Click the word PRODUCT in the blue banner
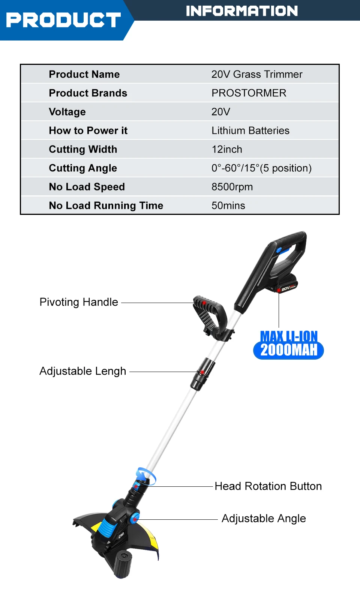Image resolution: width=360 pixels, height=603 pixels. (63, 20)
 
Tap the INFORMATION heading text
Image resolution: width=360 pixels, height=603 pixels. (242, 11)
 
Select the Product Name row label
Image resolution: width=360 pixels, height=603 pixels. (84, 74)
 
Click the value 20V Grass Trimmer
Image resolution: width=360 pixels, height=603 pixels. (257, 74)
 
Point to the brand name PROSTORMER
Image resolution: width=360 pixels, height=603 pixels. (249, 93)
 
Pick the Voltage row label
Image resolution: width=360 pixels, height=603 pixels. (67, 112)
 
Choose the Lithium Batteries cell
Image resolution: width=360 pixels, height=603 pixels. (250, 130)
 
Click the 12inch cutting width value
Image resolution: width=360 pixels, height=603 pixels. (227, 149)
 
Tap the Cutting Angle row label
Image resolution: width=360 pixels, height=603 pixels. (83, 168)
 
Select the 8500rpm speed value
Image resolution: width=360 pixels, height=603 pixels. (232, 187)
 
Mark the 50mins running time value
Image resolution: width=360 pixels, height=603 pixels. (228, 205)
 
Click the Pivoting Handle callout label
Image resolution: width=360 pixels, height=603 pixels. (79, 302)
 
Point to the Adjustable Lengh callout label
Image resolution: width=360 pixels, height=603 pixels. (83, 371)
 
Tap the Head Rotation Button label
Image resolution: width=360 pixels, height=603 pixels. (268, 486)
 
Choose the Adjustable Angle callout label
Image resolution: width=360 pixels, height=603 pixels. (264, 518)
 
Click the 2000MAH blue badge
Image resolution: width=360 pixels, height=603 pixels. (288, 350)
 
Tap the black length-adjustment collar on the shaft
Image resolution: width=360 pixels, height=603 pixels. (202, 373)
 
